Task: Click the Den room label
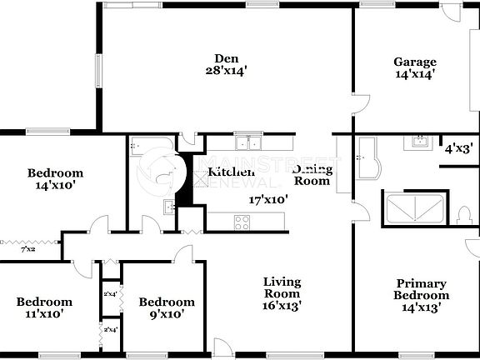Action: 227,58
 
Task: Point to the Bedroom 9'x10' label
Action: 167,307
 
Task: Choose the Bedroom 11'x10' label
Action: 44,307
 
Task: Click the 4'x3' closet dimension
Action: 458,149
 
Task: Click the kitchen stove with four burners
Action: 242,222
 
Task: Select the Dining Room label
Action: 312,175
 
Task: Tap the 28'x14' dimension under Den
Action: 227,72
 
